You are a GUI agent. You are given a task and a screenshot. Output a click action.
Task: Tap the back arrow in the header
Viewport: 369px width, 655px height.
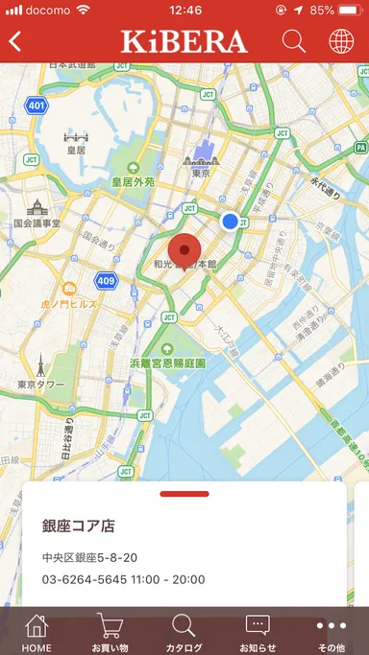click(x=15, y=41)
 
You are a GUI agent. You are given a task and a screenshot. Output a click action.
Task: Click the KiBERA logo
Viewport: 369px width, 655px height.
click(x=184, y=41)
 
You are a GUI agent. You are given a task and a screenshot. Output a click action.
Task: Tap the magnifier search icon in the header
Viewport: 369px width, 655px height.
click(x=294, y=41)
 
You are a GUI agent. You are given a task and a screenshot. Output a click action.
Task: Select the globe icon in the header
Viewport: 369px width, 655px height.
click(x=341, y=41)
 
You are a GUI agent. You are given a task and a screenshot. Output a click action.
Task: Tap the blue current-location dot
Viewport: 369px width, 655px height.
click(x=230, y=222)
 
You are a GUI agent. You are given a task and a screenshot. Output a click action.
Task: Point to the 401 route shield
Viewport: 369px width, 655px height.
click(x=37, y=105)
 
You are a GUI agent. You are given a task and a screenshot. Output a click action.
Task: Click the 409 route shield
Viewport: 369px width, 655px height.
click(x=106, y=281)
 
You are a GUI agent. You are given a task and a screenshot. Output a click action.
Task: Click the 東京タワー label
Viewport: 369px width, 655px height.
click(x=40, y=385)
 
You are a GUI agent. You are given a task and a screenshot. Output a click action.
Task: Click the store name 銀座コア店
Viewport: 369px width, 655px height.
click(x=79, y=526)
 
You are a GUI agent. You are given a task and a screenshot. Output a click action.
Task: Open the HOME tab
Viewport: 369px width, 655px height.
click(x=37, y=632)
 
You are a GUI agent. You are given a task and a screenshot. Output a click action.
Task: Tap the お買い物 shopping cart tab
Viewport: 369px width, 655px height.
click(x=110, y=632)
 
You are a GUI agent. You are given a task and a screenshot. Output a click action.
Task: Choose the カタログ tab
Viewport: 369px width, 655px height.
click(x=184, y=632)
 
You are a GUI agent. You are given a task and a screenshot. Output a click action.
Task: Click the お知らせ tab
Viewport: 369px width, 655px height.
click(x=258, y=632)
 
